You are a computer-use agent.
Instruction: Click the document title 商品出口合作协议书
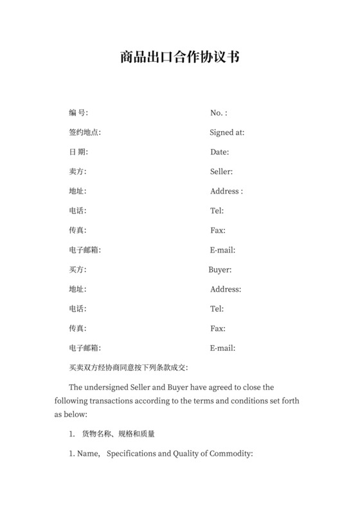tap(179, 57)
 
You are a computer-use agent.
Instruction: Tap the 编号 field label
tap(78, 113)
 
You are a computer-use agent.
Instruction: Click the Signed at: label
tap(226, 132)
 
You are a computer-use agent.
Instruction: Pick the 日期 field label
tap(78, 152)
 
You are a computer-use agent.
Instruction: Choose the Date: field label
tap(219, 152)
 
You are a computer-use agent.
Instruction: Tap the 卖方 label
tap(77, 172)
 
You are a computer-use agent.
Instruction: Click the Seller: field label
tap(221, 172)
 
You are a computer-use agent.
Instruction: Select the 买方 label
tap(77, 270)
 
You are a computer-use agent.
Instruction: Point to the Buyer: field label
tap(220, 270)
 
